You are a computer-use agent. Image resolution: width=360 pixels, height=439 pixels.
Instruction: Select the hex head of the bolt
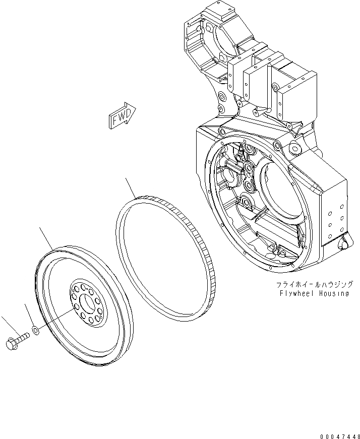click(11, 344)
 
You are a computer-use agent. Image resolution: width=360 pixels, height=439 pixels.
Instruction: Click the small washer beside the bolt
click(36, 331)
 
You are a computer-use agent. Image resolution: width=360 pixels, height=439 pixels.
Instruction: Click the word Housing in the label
click(332, 293)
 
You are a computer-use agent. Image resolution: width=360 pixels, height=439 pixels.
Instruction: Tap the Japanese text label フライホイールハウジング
click(311, 285)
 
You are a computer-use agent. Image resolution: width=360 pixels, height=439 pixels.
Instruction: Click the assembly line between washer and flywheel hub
click(55, 321)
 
